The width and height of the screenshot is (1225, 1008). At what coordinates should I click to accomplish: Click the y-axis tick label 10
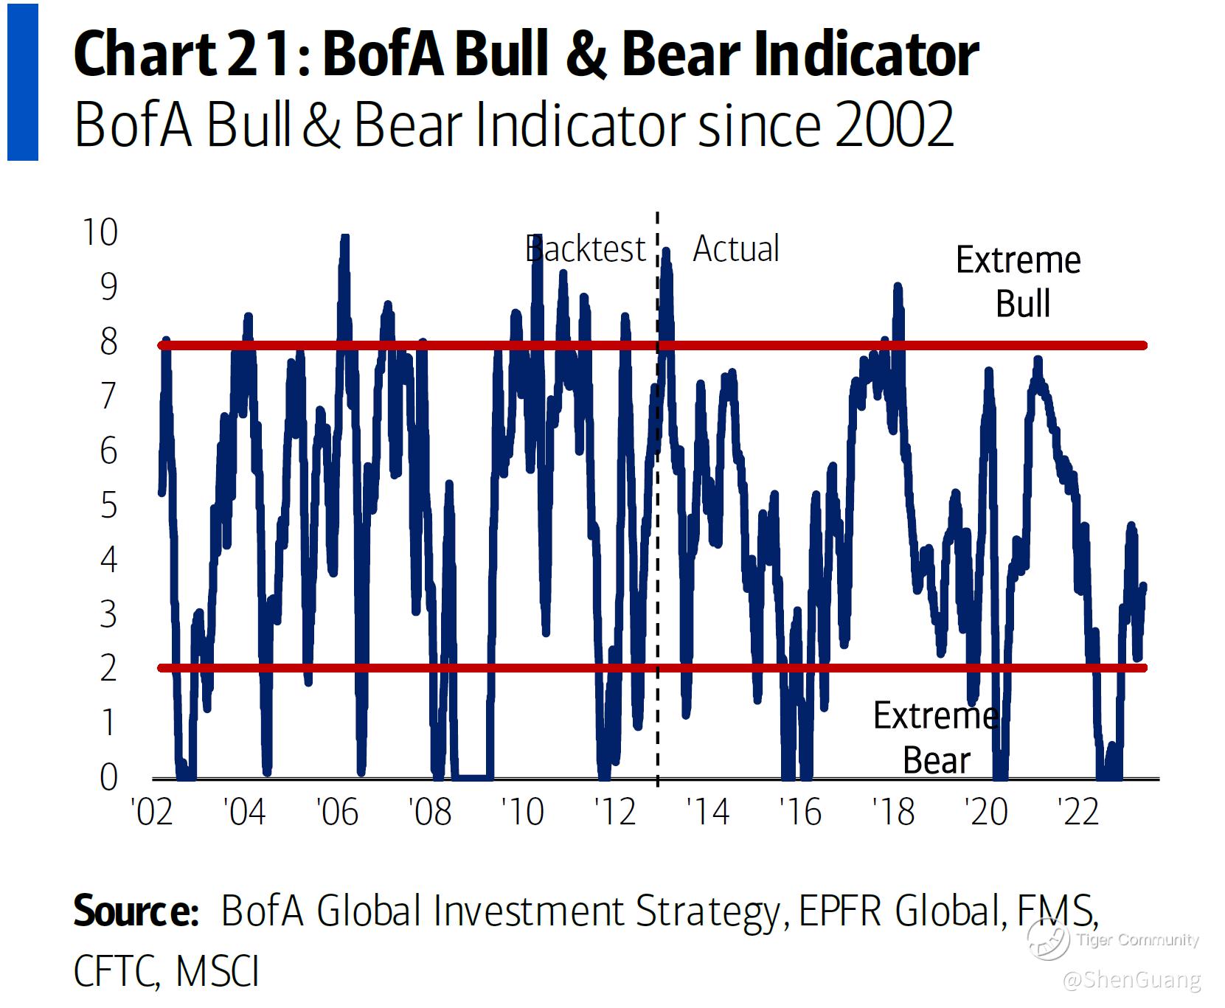pyautogui.click(x=100, y=233)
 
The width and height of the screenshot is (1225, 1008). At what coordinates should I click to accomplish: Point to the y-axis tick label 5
pyautogui.click(x=108, y=506)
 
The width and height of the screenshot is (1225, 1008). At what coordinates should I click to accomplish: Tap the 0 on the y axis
pyautogui.click(x=108, y=778)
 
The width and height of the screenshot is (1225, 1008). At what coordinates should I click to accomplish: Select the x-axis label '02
pyautogui.click(x=151, y=813)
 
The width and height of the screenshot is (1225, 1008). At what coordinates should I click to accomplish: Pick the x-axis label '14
pyautogui.click(x=707, y=813)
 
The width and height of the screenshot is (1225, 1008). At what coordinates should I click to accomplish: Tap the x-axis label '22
pyautogui.click(x=1078, y=813)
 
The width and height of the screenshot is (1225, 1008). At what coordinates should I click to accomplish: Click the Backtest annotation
pyautogui.click(x=586, y=249)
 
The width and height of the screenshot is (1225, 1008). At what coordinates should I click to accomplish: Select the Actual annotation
pyautogui.click(x=735, y=249)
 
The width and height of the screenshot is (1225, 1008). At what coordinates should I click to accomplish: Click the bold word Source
pyautogui.click(x=136, y=911)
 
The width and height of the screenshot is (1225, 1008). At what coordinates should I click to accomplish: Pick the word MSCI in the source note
pyautogui.click(x=218, y=972)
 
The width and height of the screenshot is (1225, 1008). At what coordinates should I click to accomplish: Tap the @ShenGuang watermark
pyautogui.click(x=1133, y=980)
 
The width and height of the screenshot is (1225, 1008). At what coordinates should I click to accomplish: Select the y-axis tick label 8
pyautogui.click(x=108, y=342)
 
